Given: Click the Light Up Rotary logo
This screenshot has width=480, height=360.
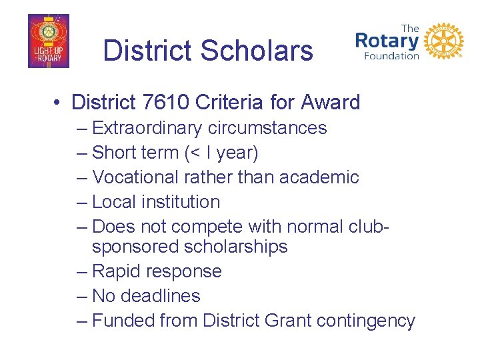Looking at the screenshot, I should click(x=48, y=41).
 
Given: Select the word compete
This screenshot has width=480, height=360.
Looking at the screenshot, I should click(x=199, y=227).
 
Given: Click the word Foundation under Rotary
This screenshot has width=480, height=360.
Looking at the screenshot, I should click(x=391, y=56).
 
